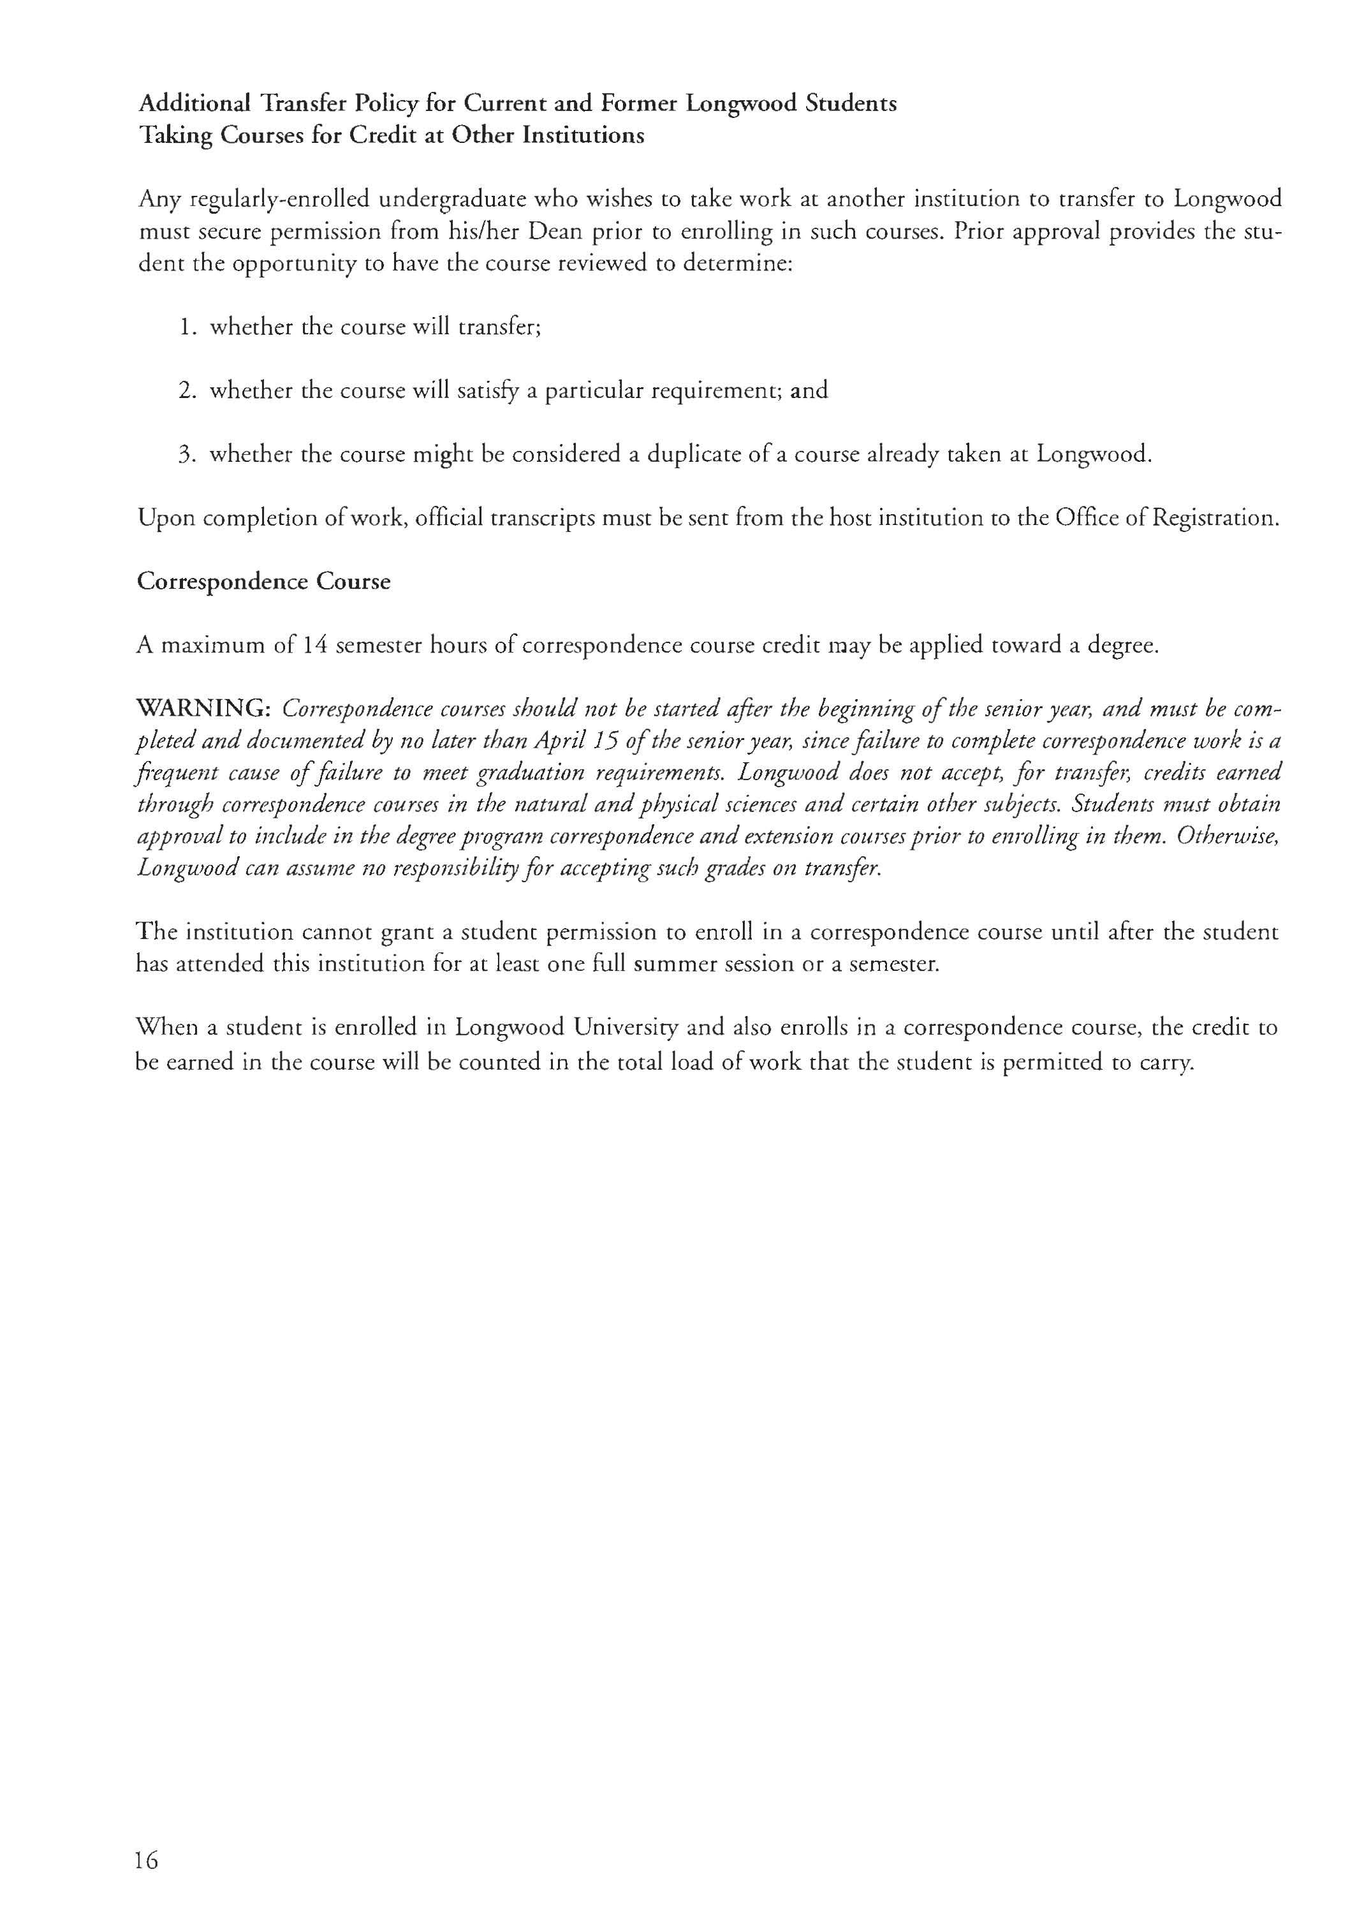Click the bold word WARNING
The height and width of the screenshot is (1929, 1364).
(x=202, y=709)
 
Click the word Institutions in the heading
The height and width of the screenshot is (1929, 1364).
(x=583, y=135)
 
